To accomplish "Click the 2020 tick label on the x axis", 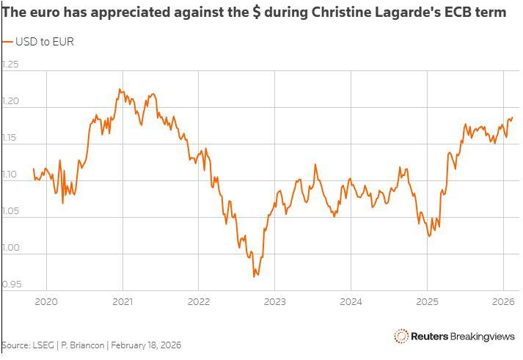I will click(46, 301).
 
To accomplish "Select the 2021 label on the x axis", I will click(122, 301).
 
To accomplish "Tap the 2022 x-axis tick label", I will click(199, 301).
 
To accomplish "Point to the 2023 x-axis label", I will click(275, 301).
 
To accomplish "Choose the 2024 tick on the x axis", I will click(351, 301).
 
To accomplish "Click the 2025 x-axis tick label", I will click(427, 301).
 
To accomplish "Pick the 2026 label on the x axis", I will click(503, 301).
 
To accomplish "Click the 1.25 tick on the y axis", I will click(10, 65).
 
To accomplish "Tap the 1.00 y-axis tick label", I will click(10, 247).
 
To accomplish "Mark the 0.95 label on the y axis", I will click(10, 284).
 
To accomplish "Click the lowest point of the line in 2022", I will click(255, 276).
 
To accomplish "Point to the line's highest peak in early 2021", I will click(120, 89).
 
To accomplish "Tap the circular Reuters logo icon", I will click(401, 336).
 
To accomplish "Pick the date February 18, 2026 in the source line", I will click(145, 345).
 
